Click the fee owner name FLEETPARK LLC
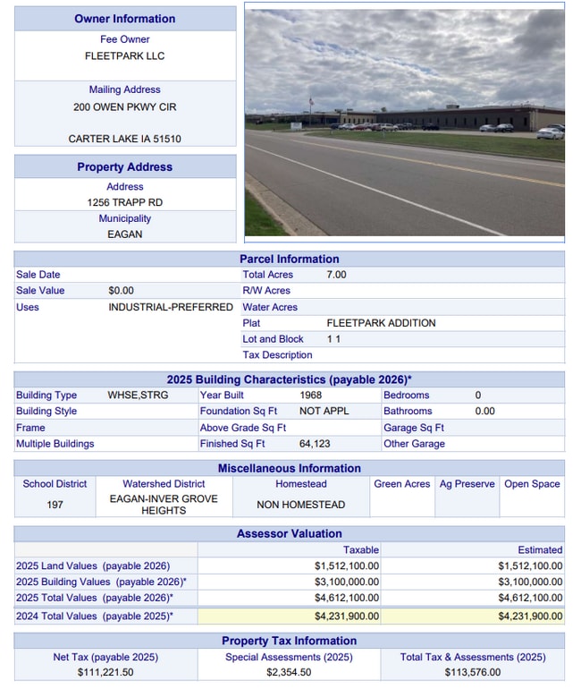[x=124, y=55]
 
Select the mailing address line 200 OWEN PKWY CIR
[x=124, y=106]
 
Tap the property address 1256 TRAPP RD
[x=124, y=202]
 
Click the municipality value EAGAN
[x=124, y=234]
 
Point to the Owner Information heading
[x=124, y=19]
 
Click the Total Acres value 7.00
[x=336, y=275]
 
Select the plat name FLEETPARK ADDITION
[x=381, y=323]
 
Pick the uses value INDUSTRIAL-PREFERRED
[x=171, y=307]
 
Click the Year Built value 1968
[x=311, y=395]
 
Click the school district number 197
[x=55, y=505]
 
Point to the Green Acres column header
[x=401, y=484]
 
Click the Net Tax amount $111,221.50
[x=105, y=672]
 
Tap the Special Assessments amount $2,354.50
[x=289, y=672]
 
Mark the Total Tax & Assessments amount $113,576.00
[x=472, y=672]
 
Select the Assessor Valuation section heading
[x=289, y=533]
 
